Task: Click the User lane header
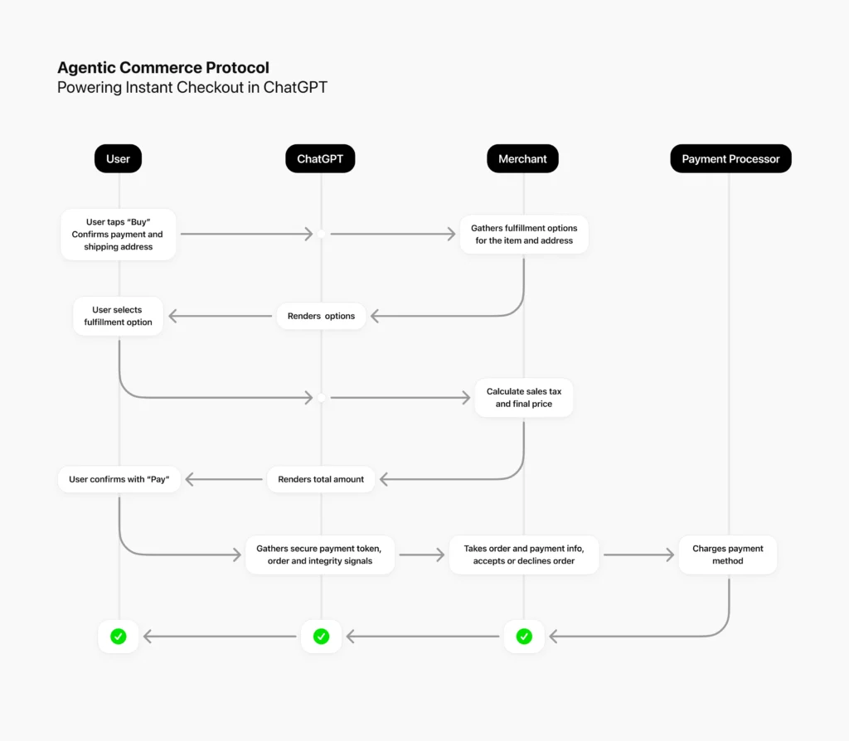click(118, 159)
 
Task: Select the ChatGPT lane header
click(320, 159)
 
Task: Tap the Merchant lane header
click(522, 159)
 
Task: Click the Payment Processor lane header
click(730, 159)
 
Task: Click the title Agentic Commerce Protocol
click(163, 68)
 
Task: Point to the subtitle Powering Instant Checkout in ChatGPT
click(192, 87)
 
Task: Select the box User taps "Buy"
click(118, 235)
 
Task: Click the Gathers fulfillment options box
click(524, 235)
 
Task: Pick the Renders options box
click(321, 316)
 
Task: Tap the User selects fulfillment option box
click(118, 316)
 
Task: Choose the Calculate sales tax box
click(524, 398)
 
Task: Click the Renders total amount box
click(321, 479)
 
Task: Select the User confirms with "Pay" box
click(119, 479)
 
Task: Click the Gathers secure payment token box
click(320, 555)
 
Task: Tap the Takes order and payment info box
click(524, 555)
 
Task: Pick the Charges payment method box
click(728, 555)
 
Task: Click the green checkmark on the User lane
click(119, 637)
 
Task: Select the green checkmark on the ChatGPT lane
click(321, 637)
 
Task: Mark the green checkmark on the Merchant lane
click(524, 637)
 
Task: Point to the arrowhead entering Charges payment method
click(670, 555)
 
